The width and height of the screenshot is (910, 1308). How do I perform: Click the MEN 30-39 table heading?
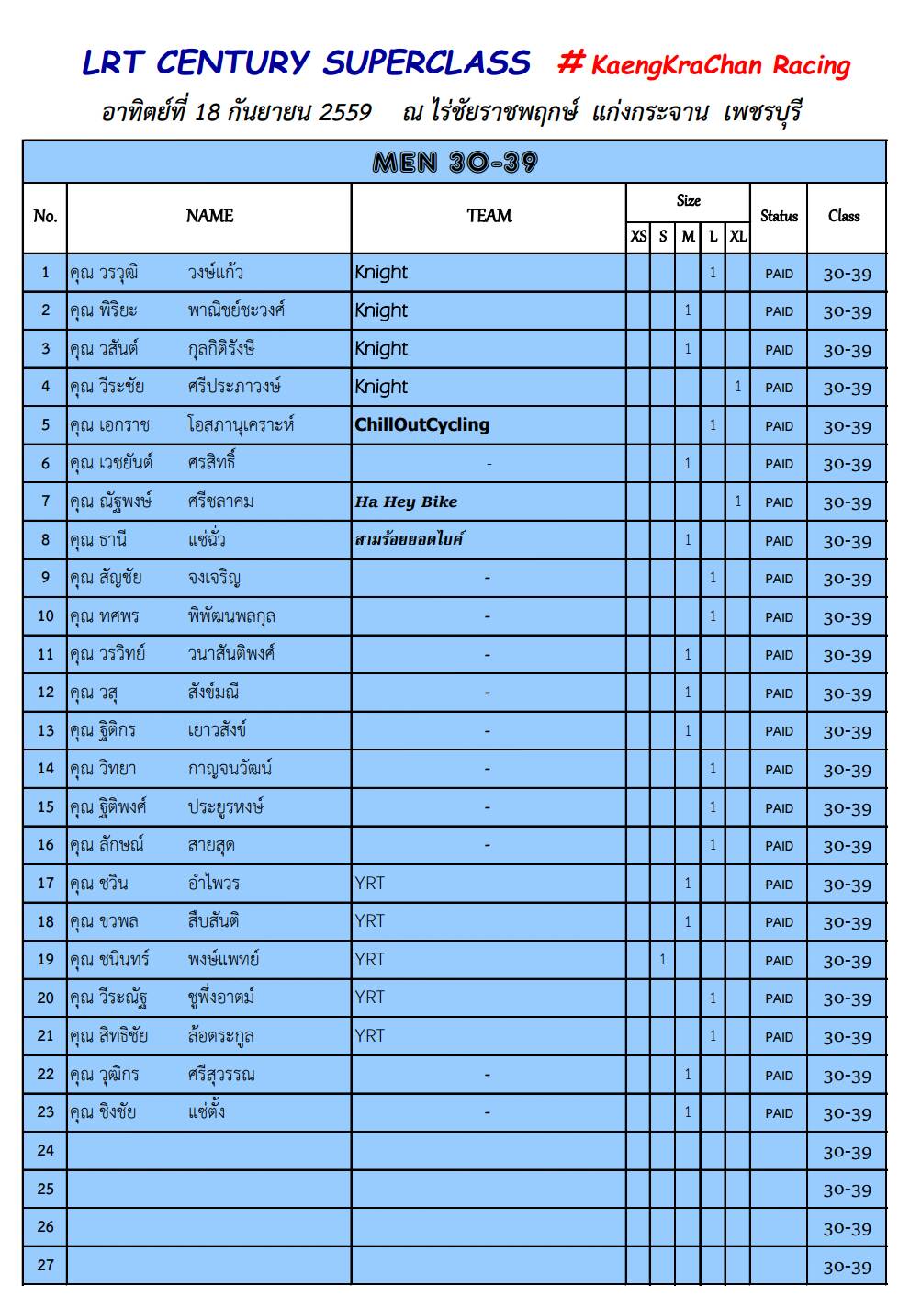[x=455, y=163]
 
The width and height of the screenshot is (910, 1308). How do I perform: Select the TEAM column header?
[x=489, y=216]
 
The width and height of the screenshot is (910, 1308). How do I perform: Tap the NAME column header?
[x=209, y=216]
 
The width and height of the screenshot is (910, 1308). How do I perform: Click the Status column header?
[x=779, y=217]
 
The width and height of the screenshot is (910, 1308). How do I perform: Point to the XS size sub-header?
[x=638, y=237]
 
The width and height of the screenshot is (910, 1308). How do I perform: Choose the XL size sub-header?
[x=737, y=237]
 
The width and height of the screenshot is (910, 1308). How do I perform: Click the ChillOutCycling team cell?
[x=422, y=425]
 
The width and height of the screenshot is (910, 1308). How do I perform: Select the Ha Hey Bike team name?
[x=406, y=502]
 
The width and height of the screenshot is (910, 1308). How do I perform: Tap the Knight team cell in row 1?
[x=381, y=273]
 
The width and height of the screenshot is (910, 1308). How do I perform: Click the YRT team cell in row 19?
[x=370, y=960]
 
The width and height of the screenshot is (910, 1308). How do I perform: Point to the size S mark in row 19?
[x=663, y=960]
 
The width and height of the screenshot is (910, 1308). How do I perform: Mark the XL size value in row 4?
[x=737, y=387]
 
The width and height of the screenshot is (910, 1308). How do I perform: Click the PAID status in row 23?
[x=779, y=1113]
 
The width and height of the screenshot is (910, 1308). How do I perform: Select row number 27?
[x=46, y=1265]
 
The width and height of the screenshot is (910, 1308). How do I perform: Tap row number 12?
[x=46, y=693]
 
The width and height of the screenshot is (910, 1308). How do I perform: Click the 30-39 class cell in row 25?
[x=847, y=1190]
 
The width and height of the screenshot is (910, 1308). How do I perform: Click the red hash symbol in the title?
[x=571, y=62]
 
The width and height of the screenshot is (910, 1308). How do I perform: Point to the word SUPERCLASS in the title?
[x=426, y=62]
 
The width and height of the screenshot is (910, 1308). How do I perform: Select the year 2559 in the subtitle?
[x=345, y=112]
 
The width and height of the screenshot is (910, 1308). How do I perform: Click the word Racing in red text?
[x=811, y=65]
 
